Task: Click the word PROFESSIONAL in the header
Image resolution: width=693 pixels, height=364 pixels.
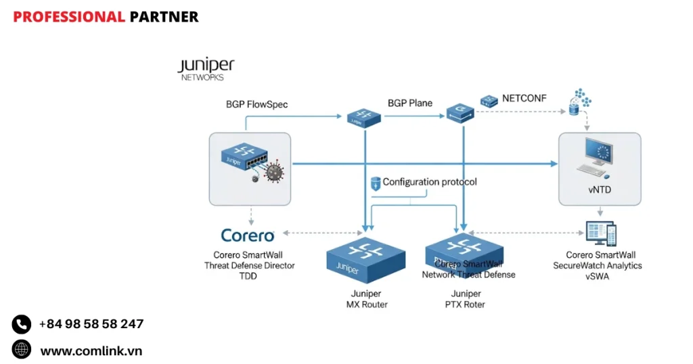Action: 69,17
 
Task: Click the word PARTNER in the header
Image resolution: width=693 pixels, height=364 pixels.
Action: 164,17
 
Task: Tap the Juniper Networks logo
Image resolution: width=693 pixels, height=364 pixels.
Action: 206,69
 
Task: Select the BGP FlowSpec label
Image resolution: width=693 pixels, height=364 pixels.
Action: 256,105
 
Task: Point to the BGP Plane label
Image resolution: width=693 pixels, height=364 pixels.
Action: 410,104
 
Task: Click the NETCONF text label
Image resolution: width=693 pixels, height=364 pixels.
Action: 524,99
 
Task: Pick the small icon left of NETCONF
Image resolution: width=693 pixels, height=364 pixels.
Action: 489,101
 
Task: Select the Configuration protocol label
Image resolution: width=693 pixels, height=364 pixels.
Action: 429,182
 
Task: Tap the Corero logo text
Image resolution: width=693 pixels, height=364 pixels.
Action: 248,235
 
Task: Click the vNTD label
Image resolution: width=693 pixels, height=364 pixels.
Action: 599,190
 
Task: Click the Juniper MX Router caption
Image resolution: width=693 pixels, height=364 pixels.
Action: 366,299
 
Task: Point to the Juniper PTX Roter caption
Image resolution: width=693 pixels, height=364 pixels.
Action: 466,299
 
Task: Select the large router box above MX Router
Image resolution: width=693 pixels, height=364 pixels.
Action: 365,257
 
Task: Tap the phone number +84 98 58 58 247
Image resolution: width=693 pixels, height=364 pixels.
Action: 91,324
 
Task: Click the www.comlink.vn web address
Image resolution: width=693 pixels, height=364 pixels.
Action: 91,350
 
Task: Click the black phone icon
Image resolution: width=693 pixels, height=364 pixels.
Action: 22,324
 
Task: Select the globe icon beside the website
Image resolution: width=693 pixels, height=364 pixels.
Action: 22,350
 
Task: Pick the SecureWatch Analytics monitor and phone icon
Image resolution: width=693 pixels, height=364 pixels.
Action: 600,234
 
